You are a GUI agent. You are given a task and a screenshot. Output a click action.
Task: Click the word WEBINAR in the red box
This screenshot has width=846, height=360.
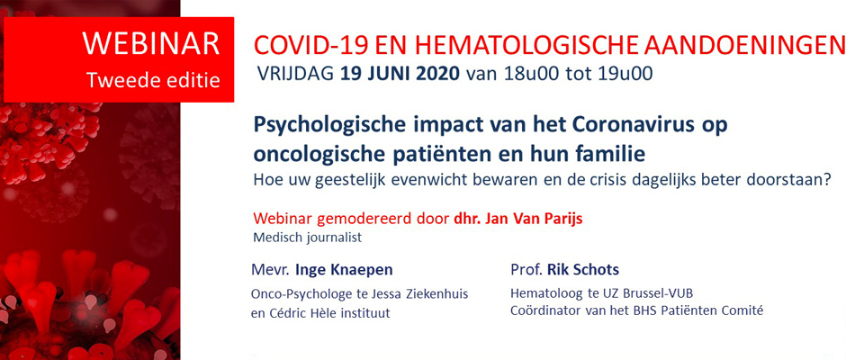coord(151,41)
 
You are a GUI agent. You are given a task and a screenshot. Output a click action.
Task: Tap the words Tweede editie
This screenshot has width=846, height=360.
coord(153,79)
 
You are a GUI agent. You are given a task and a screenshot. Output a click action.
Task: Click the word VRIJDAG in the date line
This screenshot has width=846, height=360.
coord(294,74)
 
